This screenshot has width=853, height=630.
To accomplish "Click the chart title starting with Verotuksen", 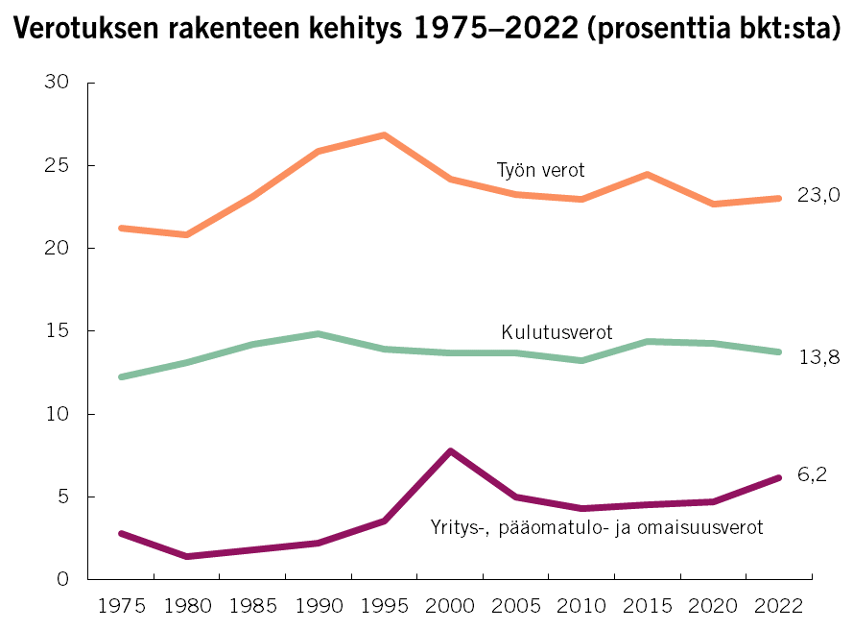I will click(426, 33).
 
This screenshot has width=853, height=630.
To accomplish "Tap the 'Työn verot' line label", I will click(540, 171).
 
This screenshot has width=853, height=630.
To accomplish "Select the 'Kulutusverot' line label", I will click(557, 333).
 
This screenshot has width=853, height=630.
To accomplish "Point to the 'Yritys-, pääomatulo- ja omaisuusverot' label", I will click(597, 527).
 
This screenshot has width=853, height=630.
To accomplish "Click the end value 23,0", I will click(818, 196).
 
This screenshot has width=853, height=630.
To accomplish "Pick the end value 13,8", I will click(818, 357).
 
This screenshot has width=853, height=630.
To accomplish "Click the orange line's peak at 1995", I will click(384, 135).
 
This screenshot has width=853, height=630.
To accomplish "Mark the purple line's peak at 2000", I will click(450, 450).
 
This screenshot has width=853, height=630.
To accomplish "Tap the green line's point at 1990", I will click(318, 334).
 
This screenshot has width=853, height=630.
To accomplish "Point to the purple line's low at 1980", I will click(185, 556).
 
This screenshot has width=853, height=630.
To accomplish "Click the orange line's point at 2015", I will click(648, 175).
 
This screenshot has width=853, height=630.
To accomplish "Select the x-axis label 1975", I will click(120, 606).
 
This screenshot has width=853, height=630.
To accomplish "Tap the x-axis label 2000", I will click(450, 606).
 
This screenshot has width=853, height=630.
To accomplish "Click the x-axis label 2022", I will click(779, 606).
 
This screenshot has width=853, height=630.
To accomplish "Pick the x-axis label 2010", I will click(581, 606).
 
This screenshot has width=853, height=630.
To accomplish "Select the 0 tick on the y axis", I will click(63, 579).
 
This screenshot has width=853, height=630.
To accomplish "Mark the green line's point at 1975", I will click(121, 376).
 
